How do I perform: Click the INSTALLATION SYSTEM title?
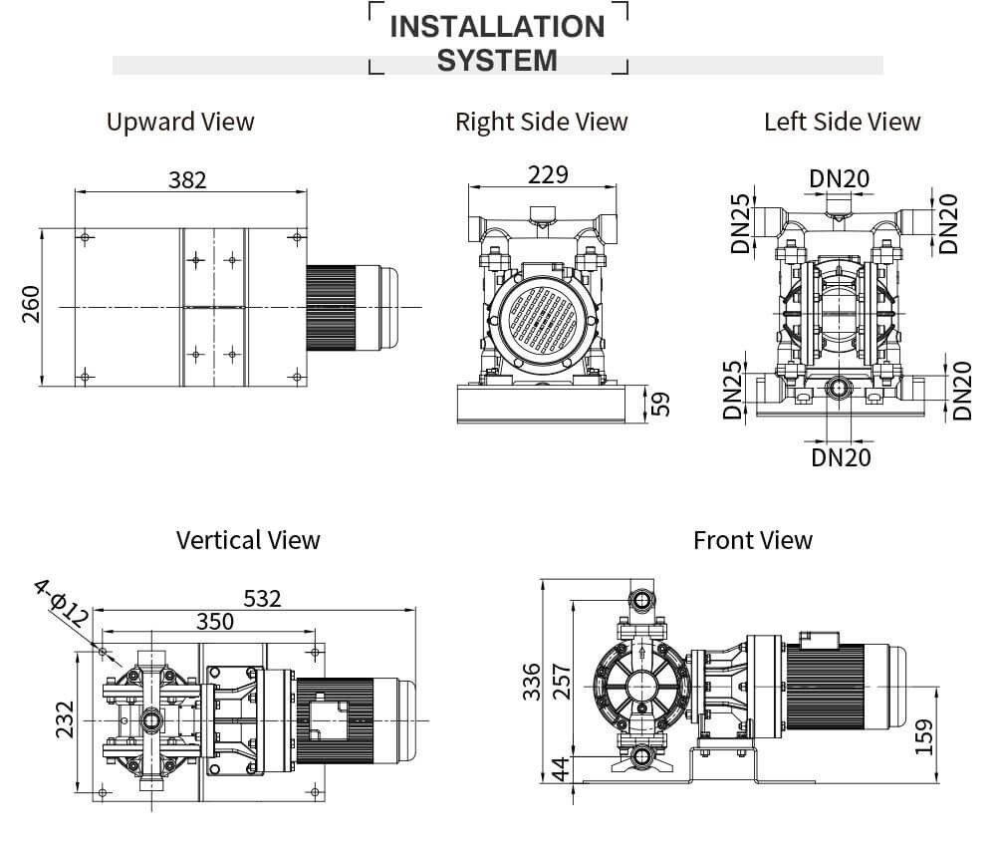(497, 43)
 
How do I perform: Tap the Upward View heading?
(180, 122)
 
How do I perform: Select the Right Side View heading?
(541, 122)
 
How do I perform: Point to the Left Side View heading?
(842, 122)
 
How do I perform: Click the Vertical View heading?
(248, 540)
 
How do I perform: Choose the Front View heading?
(752, 540)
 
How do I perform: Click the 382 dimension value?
(187, 179)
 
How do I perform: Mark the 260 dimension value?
(30, 305)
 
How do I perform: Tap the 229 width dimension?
(548, 174)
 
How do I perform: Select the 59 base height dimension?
(660, 403)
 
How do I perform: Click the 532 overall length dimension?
(262, 598)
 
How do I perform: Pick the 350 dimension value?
(214, 622)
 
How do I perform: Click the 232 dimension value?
(63, 719)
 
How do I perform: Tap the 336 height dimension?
(532, 682)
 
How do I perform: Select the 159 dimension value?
(923, 737)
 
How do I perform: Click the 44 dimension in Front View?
(561, 768)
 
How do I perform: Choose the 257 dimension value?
(561, 682)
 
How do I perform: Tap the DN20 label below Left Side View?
(841, 456)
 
